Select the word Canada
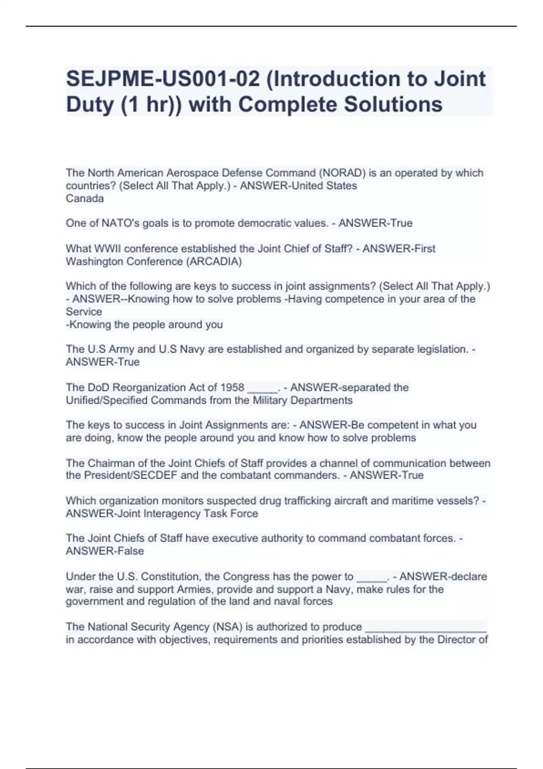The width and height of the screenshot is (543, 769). coord(85,199)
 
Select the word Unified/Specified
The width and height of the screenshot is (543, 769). coord(107,400)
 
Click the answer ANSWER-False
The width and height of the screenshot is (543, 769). coord(105,551)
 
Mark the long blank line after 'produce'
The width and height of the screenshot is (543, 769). coord(425,629)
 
